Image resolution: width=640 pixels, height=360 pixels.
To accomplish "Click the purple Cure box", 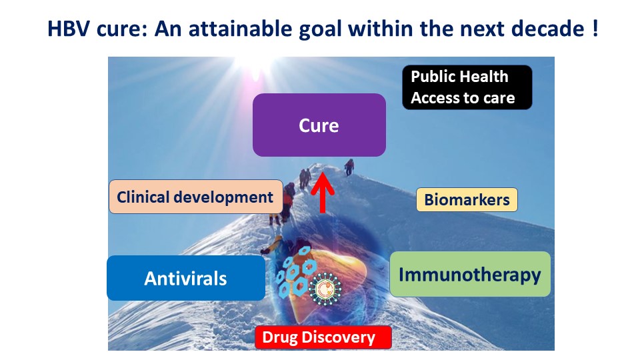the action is coord(319,125).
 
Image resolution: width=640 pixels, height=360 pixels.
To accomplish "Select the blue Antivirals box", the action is coord(186,278).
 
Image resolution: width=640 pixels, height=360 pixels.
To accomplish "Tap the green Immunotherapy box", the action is coord(470,274).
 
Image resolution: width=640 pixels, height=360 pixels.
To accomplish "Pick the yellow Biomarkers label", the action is coord(467,199).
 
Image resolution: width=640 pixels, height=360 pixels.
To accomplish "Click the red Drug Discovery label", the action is coord(323,337).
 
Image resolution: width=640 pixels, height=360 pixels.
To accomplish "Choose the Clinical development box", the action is coord(195,197).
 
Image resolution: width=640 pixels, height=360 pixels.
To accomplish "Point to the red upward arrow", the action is coord(323,192).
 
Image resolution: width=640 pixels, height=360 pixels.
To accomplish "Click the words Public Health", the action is coord(459,76).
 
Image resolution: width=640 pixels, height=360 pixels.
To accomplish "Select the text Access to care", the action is coord(463,98).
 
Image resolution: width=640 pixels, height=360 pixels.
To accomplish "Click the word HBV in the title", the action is coord(69,29).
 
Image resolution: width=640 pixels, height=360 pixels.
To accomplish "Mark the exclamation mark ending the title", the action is coord(595,29).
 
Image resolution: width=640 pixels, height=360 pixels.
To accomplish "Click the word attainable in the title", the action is coord(240,29).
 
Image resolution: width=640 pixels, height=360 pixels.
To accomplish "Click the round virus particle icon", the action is coord(325,289).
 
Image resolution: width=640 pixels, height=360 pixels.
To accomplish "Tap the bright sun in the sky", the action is coord(256,67).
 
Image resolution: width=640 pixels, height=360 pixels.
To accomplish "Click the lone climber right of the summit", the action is coord(349,167).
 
